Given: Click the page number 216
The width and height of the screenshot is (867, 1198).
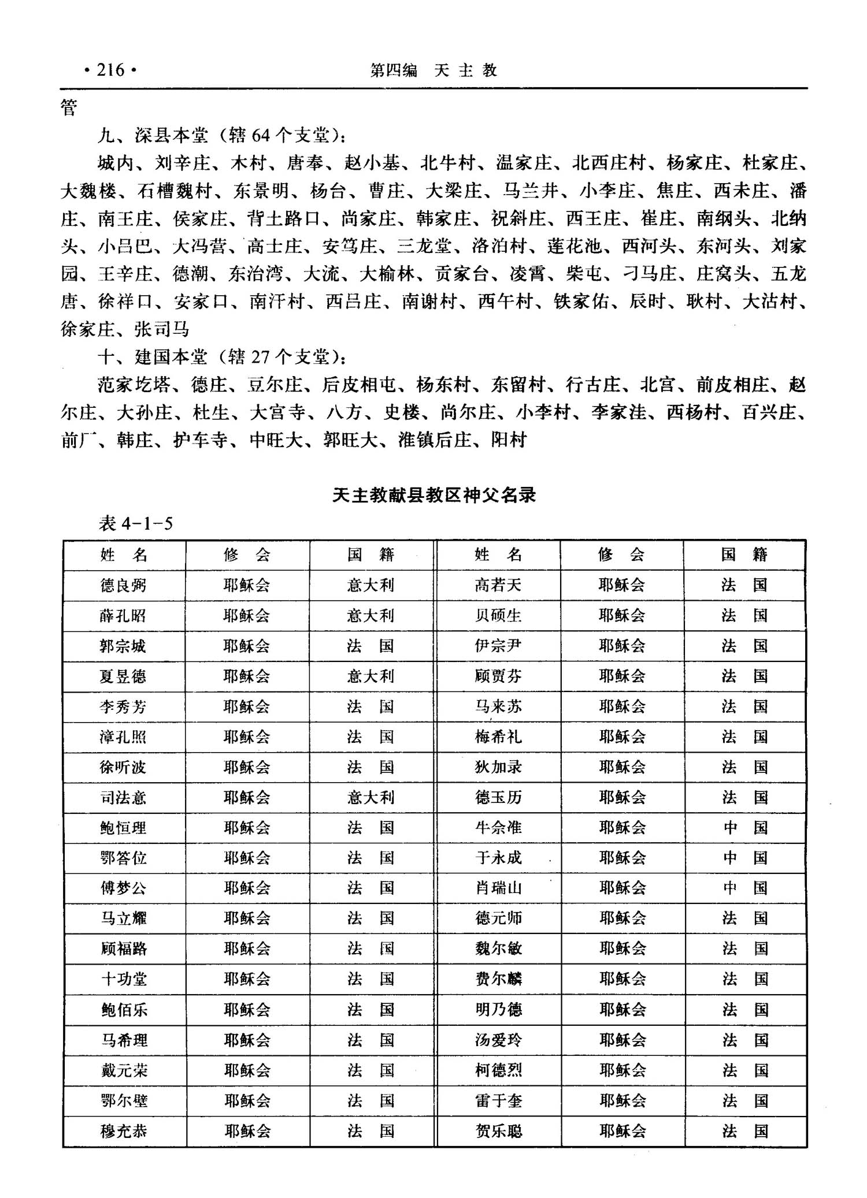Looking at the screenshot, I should click(x=110, y=70).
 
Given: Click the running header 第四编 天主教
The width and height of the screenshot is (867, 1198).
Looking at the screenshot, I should click(x=433, y=70).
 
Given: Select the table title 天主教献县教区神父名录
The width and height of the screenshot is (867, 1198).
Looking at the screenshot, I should click(x=434, y=495).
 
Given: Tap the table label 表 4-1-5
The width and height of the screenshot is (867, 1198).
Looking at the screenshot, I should click(x=136, y=523).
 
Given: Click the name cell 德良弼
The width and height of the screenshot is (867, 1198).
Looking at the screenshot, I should click(x=123, y=586).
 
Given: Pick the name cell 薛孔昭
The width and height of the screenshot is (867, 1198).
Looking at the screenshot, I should click(x=123, y=616).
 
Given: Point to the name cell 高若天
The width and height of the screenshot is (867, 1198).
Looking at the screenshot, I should click(x=498, y=586).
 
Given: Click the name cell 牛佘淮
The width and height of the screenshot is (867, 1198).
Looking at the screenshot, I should click(x=498, y=828).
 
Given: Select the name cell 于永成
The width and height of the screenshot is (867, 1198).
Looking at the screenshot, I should click(x=498, y=858).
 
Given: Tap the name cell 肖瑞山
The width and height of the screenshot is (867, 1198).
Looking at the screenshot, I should click(x=498, y=888).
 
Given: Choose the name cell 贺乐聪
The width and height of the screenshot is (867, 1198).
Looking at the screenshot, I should click(x=498, y=1130).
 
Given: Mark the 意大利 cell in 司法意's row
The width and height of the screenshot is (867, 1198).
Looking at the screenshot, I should click(x=370, y=798).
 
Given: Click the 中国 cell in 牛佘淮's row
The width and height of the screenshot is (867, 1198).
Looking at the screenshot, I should click(x=745, y=828).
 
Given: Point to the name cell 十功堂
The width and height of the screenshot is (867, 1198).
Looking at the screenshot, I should click(x=124, y=979).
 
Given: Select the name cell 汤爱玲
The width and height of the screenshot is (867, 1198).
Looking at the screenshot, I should click(x=498, y=1040).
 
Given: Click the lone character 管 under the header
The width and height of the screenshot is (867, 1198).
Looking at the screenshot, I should click(x=69, y=107).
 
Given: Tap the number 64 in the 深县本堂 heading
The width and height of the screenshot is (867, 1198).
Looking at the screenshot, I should click(x=261, y=136).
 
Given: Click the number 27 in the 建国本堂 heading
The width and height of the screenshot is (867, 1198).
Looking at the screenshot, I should click(x=261, y=357).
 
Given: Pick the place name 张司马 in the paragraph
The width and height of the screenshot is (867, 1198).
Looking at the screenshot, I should click(x=162, y=329).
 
